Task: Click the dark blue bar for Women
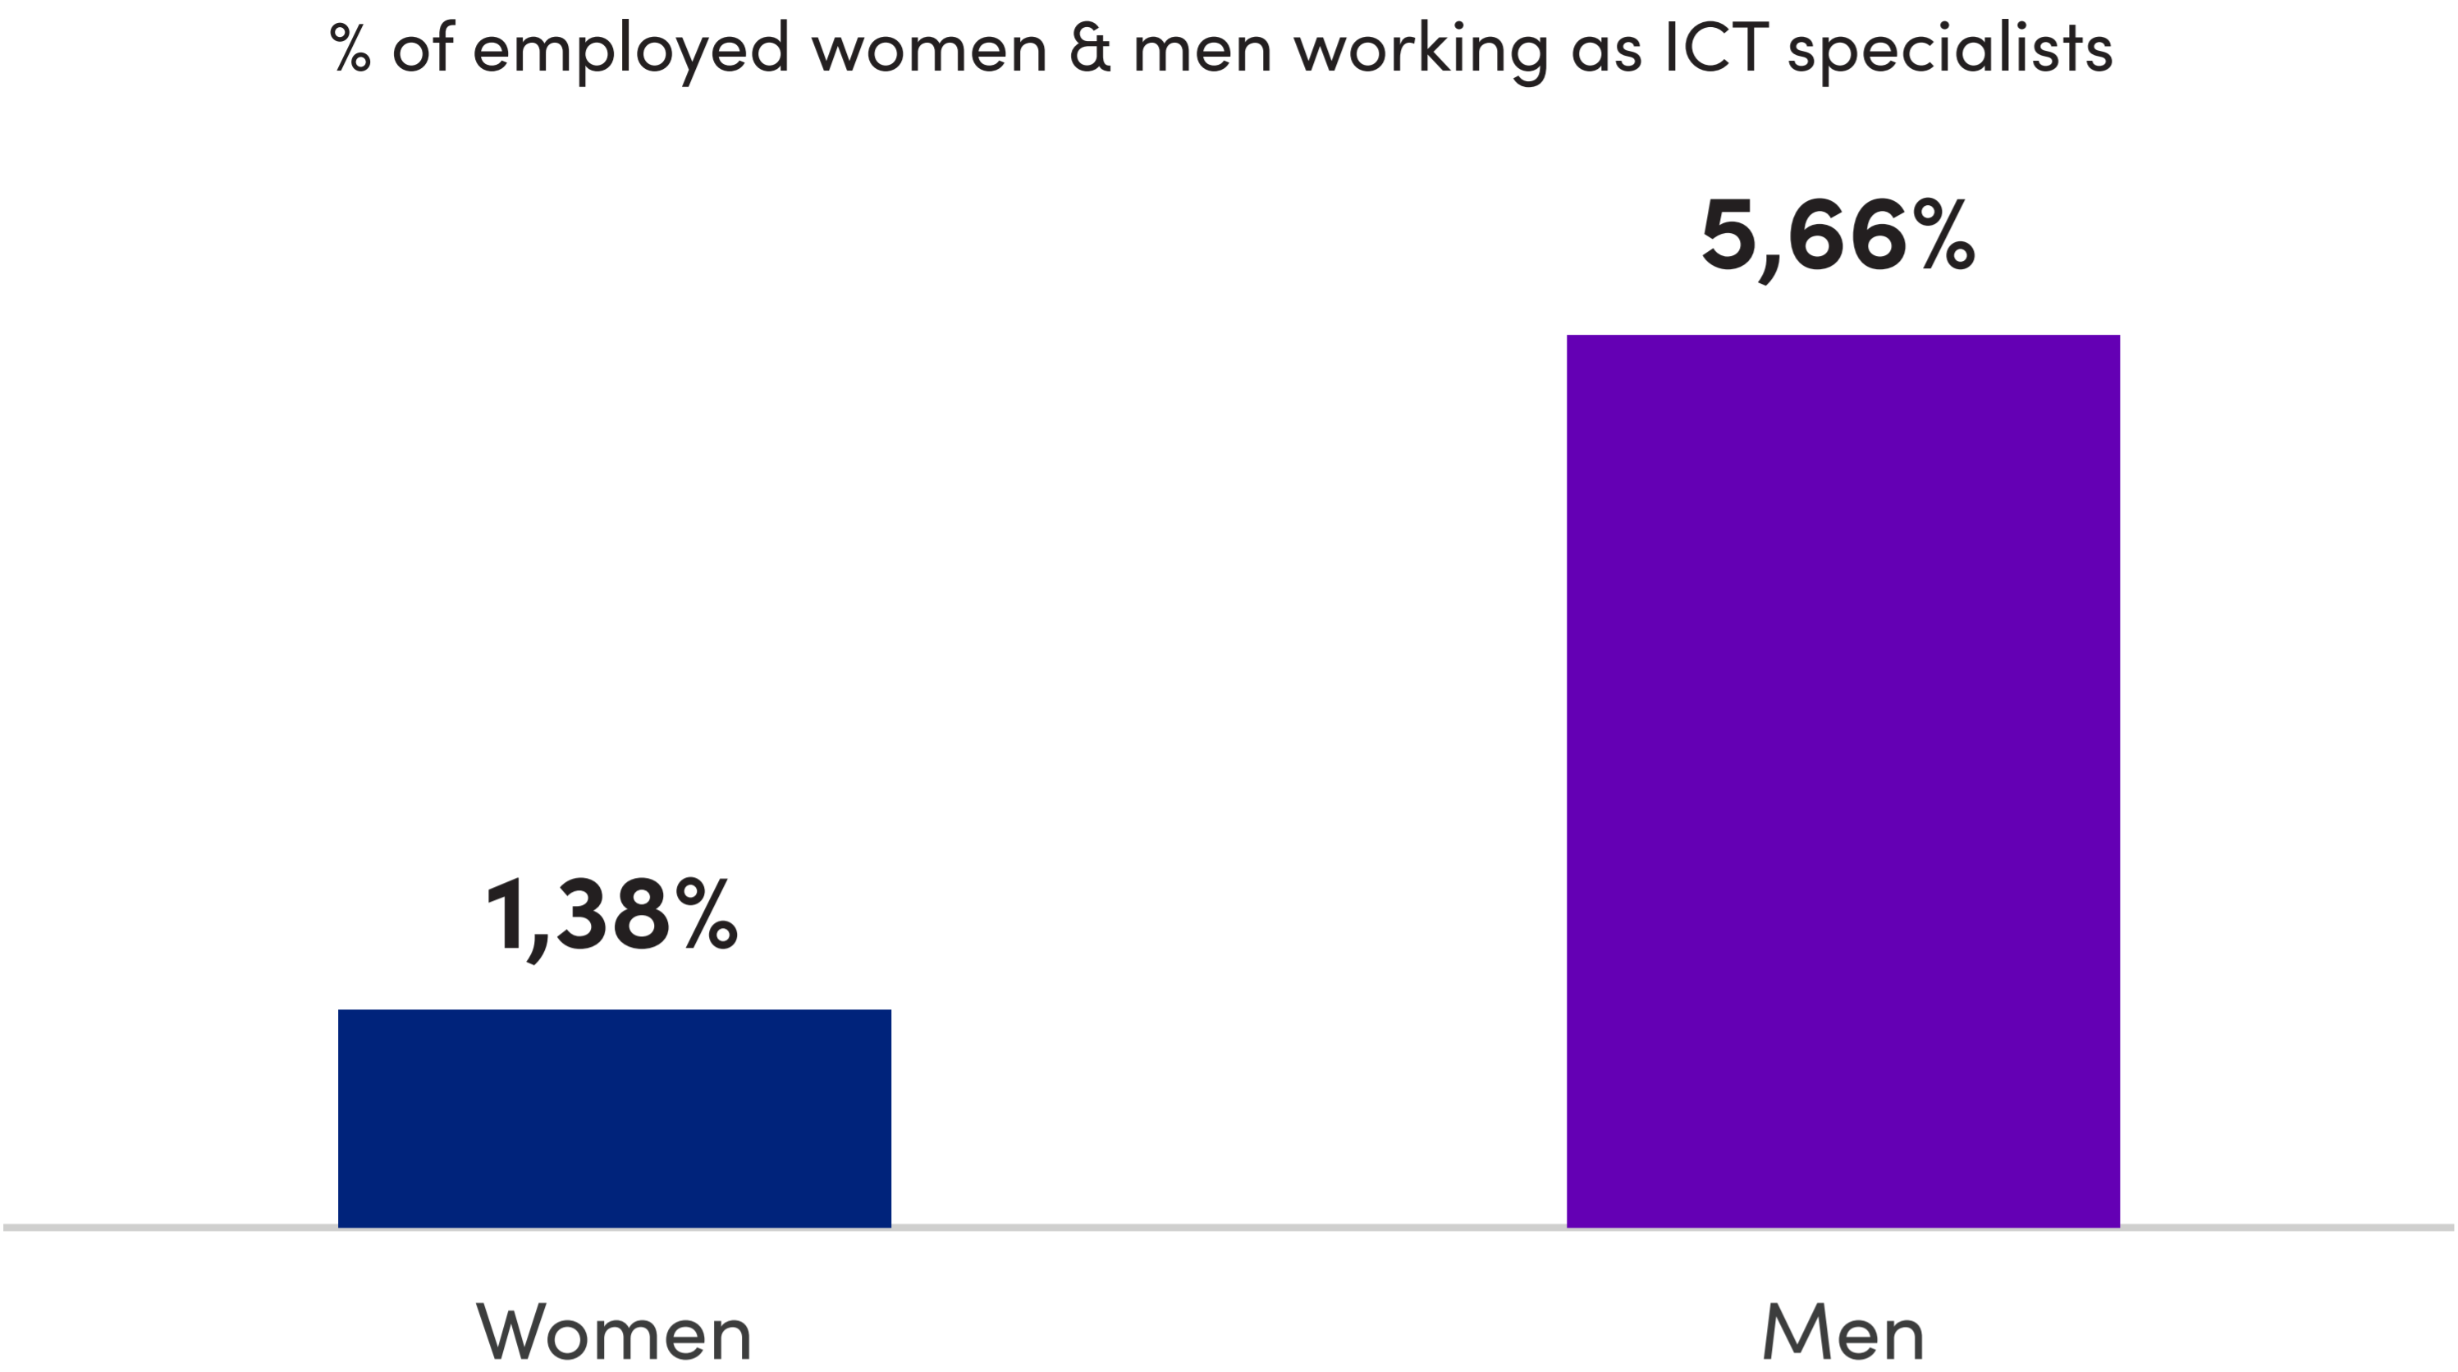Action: click(x=614, y=1118)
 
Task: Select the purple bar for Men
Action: click(x=1842, y=780)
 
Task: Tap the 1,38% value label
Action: click(x=611, y=917)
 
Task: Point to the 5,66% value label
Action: click(x=1838, y=236)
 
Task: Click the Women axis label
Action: click(x=614, y=1332)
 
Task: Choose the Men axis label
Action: click(x=1842, y=1332)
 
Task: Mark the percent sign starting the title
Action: click(x=350, y=48)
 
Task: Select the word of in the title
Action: click(x=423, y=48)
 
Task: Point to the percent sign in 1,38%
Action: click(x=706, y=916)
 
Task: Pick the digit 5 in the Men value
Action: click(x=1728, y=235)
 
